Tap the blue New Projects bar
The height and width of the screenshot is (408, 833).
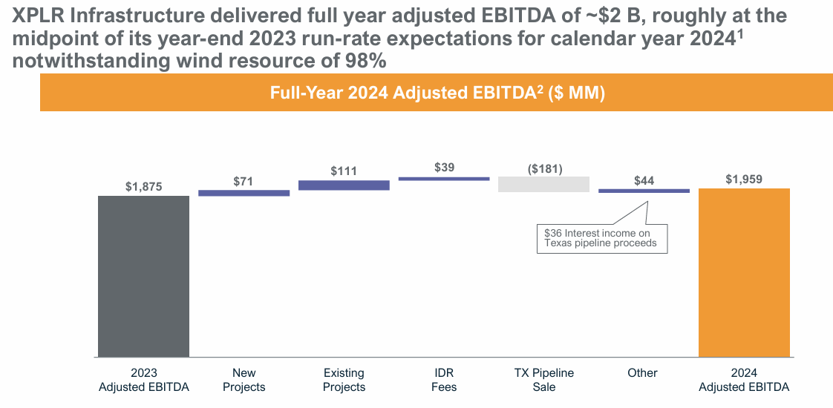244,193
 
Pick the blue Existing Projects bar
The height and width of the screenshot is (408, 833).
344,185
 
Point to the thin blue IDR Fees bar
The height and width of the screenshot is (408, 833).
444,179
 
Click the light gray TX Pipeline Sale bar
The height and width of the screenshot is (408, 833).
543,184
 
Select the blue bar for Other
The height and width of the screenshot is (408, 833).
644,191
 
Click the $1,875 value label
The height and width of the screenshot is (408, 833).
143,187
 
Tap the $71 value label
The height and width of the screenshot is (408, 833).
244,181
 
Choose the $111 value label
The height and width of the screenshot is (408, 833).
344,171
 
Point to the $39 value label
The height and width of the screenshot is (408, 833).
444,168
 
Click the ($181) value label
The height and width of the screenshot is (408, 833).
544,168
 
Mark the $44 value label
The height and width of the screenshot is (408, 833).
644,181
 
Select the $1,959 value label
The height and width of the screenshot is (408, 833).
744,180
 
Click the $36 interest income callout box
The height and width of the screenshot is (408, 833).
601,238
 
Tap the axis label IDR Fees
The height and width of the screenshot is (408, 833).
444,380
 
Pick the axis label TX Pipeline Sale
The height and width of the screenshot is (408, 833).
544,380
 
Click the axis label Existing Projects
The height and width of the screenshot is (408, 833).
344,380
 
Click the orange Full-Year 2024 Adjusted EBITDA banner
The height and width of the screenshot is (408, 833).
437,93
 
